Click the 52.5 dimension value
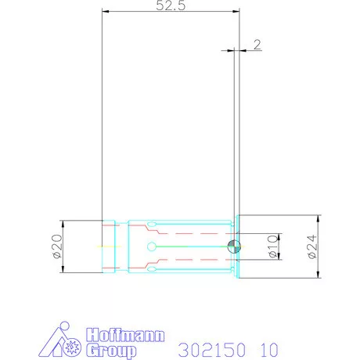click(169, 7)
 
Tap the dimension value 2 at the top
click(257, 45)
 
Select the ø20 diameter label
click(57, 247)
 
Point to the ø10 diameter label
click(272, 247)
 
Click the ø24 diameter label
click(311, 247)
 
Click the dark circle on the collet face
click(234, 247)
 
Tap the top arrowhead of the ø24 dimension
click(319, 218)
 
